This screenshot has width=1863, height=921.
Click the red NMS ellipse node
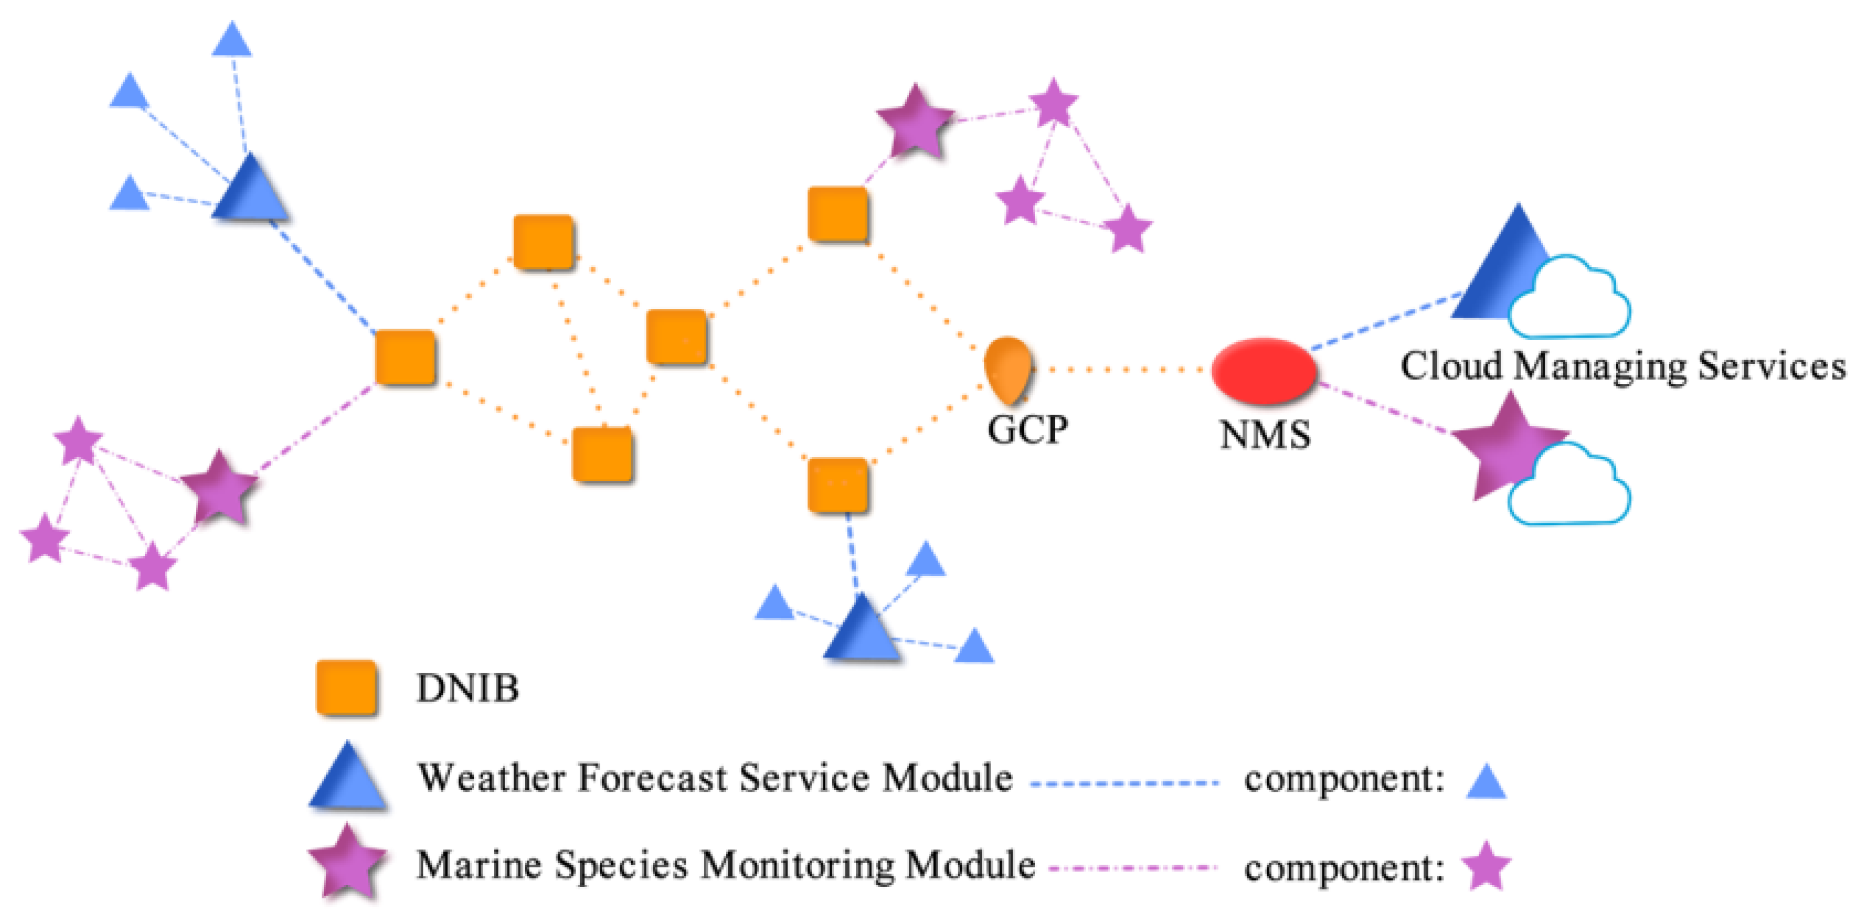[x=1264, y=370]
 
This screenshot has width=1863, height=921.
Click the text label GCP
[x=1027, y=430]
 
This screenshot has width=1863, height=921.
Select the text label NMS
[x=1265, y=435]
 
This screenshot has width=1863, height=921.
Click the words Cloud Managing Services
[x=1622, y=366]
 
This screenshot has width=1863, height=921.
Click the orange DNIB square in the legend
[x=347, y=688]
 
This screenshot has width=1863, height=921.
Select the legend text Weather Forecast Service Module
[x=714, y=779]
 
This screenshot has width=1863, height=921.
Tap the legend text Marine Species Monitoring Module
[x=725, y=865]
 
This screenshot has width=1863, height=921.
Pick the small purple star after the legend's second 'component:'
[x=1485, y=866]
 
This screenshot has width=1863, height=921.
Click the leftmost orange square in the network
[x=405, y=357]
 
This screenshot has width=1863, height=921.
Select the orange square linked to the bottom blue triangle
[x=838, y=484]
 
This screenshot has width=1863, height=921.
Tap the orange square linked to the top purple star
[x=838, y=214]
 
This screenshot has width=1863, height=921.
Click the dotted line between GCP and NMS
[x=1121, y=370]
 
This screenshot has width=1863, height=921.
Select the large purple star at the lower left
[x=219, y=488]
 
